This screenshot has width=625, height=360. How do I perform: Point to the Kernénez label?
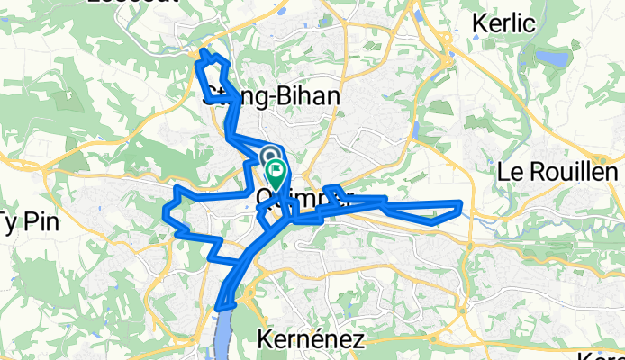click(310, 339)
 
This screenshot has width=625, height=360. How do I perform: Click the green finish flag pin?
click(276, 169)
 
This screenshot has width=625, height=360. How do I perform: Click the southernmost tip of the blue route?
click(219, 310)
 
